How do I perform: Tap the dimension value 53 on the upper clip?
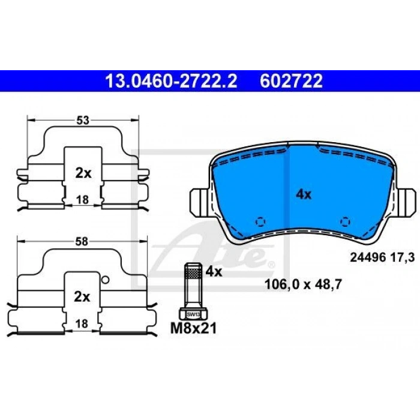click(83, 121)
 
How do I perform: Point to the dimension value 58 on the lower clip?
click(83, 242)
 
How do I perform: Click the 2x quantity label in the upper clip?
click(83, 173)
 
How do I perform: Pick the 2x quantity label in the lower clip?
click(83, 296)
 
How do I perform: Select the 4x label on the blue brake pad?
click(304, 194)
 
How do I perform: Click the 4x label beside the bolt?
click(214, 272)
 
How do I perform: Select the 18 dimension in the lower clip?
click(83, 323)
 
